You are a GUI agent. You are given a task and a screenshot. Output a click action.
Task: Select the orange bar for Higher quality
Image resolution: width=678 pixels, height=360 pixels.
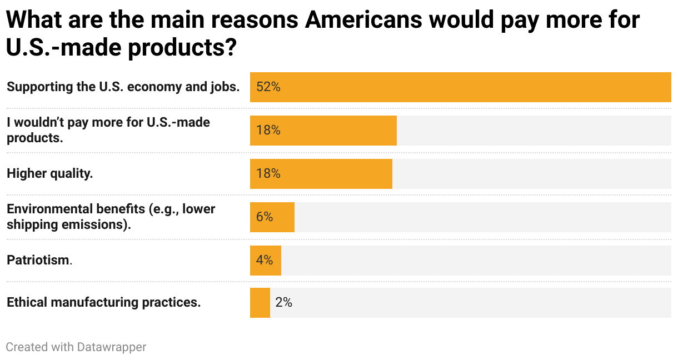tap(321, 174)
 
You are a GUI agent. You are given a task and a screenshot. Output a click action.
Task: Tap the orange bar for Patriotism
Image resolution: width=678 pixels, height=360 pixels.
tap(266, 261)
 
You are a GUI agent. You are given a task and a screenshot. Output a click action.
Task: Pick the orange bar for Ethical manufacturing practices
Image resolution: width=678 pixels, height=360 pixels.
tap(260, 303)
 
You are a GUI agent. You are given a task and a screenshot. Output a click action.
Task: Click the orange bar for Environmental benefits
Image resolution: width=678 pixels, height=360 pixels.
tap(272, 217)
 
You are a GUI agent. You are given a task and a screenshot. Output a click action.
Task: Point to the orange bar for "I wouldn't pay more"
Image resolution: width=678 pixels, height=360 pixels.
tap(323, 131)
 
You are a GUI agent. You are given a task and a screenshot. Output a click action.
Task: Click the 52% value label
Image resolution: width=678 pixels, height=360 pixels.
tap(268, 87)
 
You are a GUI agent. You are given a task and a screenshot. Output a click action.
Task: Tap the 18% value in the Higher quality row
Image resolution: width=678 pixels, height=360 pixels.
tap(268, 174)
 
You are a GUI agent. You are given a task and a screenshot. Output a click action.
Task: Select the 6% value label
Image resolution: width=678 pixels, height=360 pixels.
tap(265, 217)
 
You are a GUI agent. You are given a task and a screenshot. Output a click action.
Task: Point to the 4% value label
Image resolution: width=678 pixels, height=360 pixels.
tap(265, 261)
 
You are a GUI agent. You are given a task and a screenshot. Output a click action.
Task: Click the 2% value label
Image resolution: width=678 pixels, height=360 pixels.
tap(283, 303)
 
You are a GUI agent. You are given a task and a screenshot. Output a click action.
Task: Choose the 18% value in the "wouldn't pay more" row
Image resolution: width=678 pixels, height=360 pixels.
tap(268, 131)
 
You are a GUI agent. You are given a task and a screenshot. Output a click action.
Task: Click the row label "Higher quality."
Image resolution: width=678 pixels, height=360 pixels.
tap(49, 173)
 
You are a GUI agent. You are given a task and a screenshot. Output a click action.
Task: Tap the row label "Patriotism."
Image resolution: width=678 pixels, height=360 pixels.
tap(39, 260)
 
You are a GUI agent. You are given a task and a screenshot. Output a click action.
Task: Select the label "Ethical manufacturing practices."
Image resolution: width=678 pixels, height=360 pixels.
tap(103, 303)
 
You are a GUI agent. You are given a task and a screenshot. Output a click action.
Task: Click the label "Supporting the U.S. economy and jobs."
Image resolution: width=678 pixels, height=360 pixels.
tap(123, 87)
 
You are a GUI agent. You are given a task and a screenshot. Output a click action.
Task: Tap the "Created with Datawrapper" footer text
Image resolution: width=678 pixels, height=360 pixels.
tap(76, 347)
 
